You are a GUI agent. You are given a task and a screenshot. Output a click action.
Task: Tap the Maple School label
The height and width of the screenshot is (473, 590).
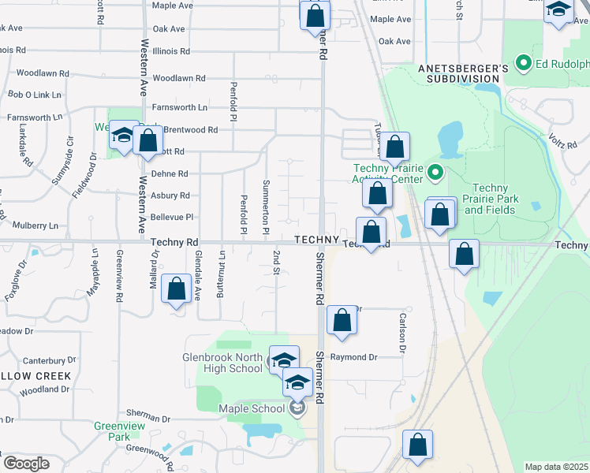click(252, 408)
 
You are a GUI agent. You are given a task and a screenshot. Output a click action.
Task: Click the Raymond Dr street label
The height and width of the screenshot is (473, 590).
click(353, 357)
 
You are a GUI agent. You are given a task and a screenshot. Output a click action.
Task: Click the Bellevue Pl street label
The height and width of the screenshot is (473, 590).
click(172, 217)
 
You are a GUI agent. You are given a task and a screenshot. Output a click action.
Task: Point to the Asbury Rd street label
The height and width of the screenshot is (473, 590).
click(171, 195)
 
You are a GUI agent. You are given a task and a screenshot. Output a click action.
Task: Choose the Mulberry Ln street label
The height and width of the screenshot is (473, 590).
click(32, 225)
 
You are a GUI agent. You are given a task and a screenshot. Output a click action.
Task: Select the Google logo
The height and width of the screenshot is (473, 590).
click(26, 464)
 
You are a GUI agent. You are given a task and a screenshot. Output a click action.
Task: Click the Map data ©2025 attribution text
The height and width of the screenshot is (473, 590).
click(557, 467)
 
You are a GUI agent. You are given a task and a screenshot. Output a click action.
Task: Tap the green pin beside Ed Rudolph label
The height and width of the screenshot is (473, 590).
click(521, 62)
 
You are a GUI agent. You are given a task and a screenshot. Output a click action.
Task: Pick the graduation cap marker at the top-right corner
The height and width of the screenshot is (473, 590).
click(559, 11)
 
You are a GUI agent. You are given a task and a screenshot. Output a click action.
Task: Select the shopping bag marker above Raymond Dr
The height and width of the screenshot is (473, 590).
click(342, 321)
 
